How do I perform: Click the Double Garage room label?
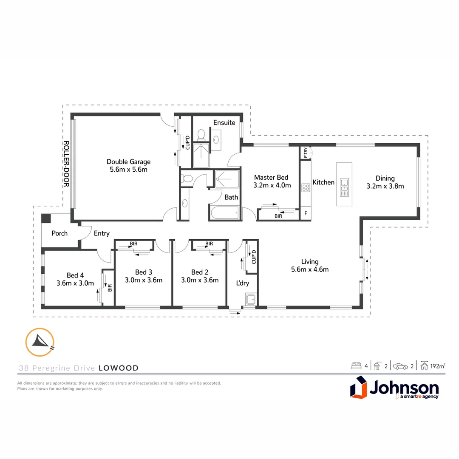tap(128, 162)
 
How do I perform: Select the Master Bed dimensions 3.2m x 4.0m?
tap(272, 185)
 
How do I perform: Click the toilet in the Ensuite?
tap(201, 136)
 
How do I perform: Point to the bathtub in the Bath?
tap(224, 212)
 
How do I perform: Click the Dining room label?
tap(385, 178)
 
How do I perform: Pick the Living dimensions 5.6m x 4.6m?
tap(310, 269)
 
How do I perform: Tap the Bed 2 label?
tap(200, 272)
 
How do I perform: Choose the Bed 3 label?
tap(144, 272)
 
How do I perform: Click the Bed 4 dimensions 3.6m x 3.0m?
tap(75, 283)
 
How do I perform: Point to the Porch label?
tap(59, 233)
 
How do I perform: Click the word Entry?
tap(102, 233)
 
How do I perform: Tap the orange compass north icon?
tap(40, 342)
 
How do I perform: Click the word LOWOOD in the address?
tap(119, 368)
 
